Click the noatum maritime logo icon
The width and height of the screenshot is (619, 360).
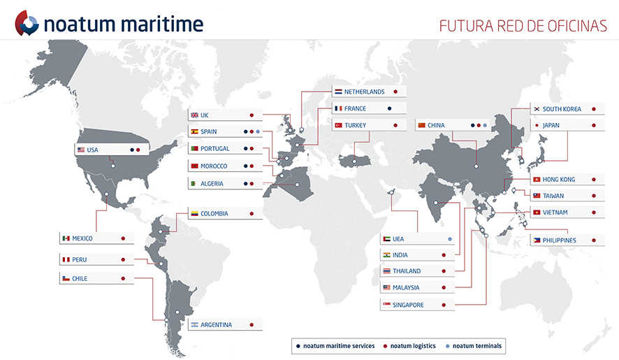tap(27, 23)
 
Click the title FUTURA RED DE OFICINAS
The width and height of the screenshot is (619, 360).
tap(523, 26)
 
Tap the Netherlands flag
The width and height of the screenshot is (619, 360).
tap(338, 92)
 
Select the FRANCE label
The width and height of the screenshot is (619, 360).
tap(355, 108)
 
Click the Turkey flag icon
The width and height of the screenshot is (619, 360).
tap(338, 125)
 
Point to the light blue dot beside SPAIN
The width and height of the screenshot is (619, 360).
tap(258, 131)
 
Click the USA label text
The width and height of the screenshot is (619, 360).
tap(92, 150)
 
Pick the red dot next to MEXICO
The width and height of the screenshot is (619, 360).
tap(123, 238)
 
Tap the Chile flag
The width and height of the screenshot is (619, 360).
tap(66, 279)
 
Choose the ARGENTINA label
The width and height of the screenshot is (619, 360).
tap(216, 325)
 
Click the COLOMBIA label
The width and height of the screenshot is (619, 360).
tap(214, 214)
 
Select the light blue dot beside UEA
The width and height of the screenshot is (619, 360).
tap(450, 239)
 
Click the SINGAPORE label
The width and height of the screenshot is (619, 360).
tap(408, 305)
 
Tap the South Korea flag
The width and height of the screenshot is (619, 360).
tap(537, 109)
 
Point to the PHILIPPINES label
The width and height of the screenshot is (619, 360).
tap(559, 240)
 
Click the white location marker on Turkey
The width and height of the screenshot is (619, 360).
tap(354, 161)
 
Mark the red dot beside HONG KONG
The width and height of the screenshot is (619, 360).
tap(594, 180)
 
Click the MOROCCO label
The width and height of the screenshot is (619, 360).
tap(214, 166)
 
